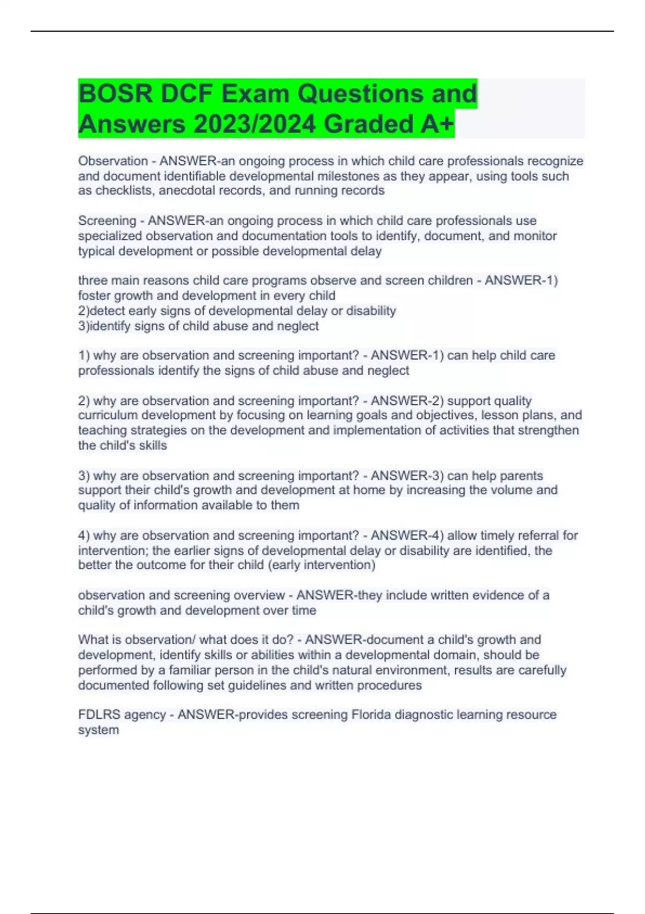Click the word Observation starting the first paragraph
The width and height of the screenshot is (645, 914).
(113, 161)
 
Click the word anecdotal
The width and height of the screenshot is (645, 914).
(186, 190)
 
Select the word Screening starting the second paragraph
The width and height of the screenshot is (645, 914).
(107, 220)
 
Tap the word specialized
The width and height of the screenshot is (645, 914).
(110, 235)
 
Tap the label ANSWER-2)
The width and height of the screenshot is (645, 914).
(407, 401)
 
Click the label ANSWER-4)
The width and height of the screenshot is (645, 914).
(407, 535)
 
